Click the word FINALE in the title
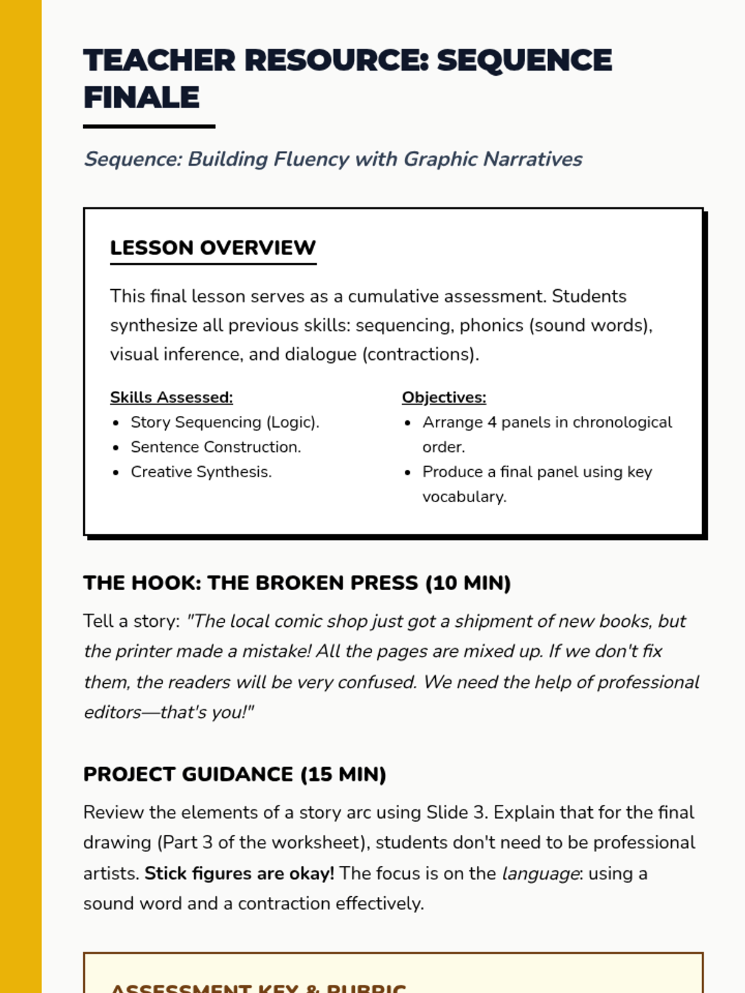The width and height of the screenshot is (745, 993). pyautogui.click(x=142, y=97)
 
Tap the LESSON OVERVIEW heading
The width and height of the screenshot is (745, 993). pyautogui.click(x=212, y=248)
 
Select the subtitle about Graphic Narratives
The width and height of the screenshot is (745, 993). pyautogui.click(x=333, y=159)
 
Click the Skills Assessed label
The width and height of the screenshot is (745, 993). pyautogui.click(x=171, y=397)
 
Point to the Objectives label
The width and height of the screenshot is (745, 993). pyautogui.click(x=444, y=397)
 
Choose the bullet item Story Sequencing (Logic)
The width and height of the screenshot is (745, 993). pyautogui.click(x=225, y=422)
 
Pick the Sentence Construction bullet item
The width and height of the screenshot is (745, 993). pyautogui.click(x=215, y=447)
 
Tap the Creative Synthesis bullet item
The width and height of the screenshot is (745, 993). pyautogui.click(x=201, y=472)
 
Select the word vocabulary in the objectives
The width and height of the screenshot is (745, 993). pyautogui.click(x=463, y=496)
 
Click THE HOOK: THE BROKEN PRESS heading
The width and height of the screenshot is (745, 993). pyautogui.click(x=297, y=583)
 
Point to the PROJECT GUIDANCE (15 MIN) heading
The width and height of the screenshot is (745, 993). pyautogui.click(x=235, y=774)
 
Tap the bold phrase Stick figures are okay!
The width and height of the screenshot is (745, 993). pyautogui.click(x=239, y=873)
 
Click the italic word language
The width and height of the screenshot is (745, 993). pyautogui.click(x=540, y=873)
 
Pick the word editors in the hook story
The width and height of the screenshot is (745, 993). pyautogui.click(x=112, y=712)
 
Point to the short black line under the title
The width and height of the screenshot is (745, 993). pyautogui.click(x=149, y=127)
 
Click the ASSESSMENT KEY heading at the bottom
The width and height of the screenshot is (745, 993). pyautogui.click(x=258, y=987)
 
